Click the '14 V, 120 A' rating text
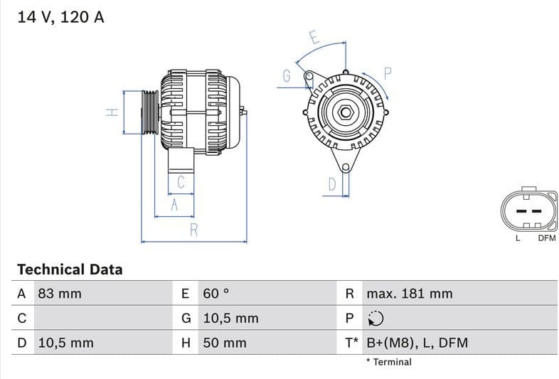point(60,17)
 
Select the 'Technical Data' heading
point(70,269)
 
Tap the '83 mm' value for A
point(59,294)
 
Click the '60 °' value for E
point(216,294)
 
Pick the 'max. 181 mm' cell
point(409,294)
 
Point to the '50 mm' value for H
point(225,343)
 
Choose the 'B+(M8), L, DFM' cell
point(417,343)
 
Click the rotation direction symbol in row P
point(376,319)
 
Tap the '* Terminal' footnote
point(388,362)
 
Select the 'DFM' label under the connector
point(546,238)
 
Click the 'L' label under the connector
point(518,238)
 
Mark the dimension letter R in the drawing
point(193,230)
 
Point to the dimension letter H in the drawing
point(112,112)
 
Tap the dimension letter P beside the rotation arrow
point(388,73)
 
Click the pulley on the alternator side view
point(150,112)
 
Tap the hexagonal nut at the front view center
point(345,112)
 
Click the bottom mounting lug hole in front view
point(346,168)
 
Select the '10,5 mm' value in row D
point(65,343)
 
